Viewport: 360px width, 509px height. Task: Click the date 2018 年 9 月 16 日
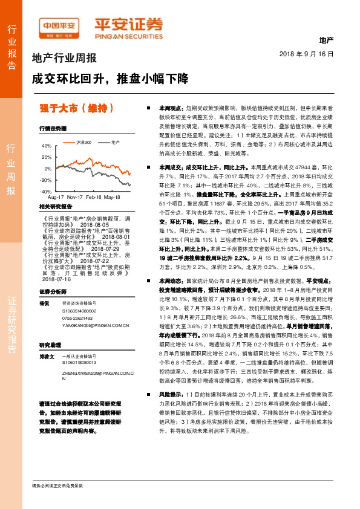[x=307, y=54]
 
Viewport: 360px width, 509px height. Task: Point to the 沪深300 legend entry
[x=83, y=141]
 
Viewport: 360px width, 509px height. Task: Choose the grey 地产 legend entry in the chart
[x=114, y=141]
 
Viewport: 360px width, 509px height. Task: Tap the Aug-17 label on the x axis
[x=56, y=197]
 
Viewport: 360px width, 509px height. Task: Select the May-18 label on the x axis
[x=113, y=197]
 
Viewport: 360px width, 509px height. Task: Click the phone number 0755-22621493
[x=77, y=317]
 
